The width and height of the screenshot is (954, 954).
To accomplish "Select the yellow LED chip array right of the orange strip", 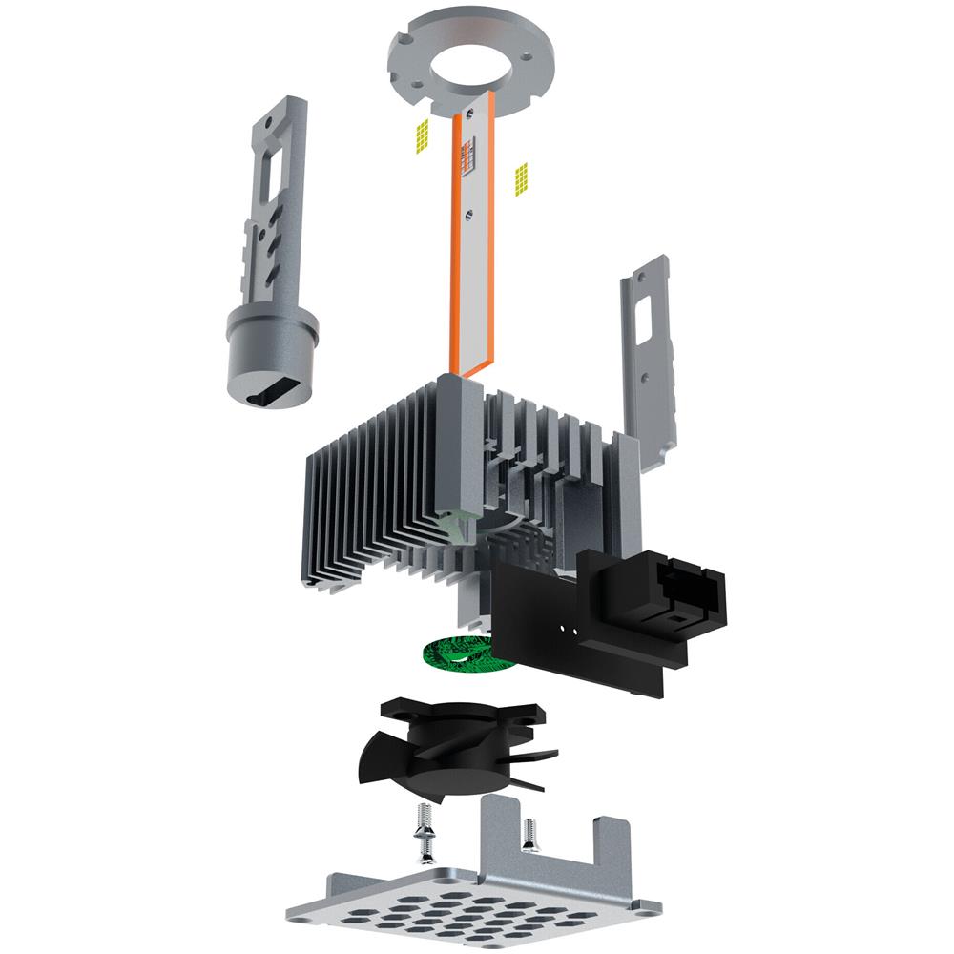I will [521, 178].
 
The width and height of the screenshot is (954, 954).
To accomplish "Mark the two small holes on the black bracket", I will [570, 629].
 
